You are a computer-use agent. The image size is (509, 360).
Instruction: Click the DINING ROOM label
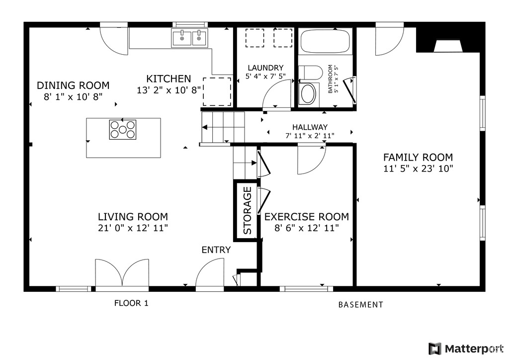[73, 86]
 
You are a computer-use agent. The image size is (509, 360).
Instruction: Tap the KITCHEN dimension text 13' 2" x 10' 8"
[169, 90]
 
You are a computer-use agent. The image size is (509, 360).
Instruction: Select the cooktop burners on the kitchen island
[123, 129]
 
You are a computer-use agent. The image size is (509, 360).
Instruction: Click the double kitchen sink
[189, 38]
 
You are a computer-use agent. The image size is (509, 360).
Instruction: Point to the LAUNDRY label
[265, 68]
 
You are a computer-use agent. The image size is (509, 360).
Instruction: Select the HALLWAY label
[310, 127]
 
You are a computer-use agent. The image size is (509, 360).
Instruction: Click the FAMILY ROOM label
[418, 157]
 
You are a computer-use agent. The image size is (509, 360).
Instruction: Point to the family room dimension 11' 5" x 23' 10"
[418, 169]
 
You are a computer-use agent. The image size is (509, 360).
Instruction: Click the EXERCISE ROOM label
[306, 217]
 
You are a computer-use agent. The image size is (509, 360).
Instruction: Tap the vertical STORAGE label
[247, 210]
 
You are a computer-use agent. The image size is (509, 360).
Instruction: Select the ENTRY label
[216, 250]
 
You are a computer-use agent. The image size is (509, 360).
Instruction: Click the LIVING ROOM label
[132, 217]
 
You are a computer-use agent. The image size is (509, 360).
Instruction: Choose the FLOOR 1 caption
[131, 303]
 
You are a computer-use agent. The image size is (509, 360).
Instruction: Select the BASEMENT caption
[360, 305]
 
